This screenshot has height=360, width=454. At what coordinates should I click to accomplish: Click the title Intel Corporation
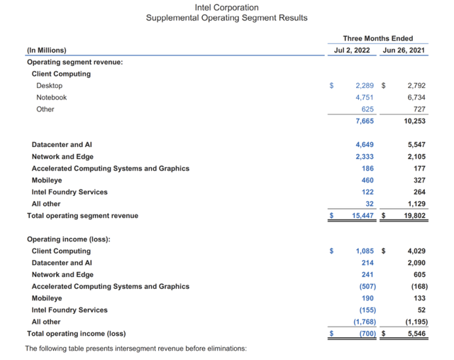[226, 7]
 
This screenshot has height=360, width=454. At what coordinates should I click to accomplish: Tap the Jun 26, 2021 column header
[404, 50]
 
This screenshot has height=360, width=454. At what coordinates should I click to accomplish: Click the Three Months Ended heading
[377, 38]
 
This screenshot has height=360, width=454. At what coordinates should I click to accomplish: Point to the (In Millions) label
[46, 50]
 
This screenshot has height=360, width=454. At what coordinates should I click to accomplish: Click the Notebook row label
[52, 97]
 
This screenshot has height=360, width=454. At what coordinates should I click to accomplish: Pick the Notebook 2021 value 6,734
[416, 97]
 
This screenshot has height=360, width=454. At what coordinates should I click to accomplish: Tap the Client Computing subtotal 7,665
[364, 121]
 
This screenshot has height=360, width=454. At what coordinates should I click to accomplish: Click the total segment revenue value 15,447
[362, 215]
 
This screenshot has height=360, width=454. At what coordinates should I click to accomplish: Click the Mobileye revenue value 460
[367, 180]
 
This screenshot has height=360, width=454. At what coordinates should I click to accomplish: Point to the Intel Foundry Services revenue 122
[367, 192]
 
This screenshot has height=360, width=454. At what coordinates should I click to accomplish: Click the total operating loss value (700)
[365, 333]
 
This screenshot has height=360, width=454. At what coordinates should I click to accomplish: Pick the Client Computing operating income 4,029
[416, 251]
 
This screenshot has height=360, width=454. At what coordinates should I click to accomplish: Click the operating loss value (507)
[366, 286]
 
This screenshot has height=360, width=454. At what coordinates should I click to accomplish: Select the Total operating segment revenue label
[82, 215]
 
